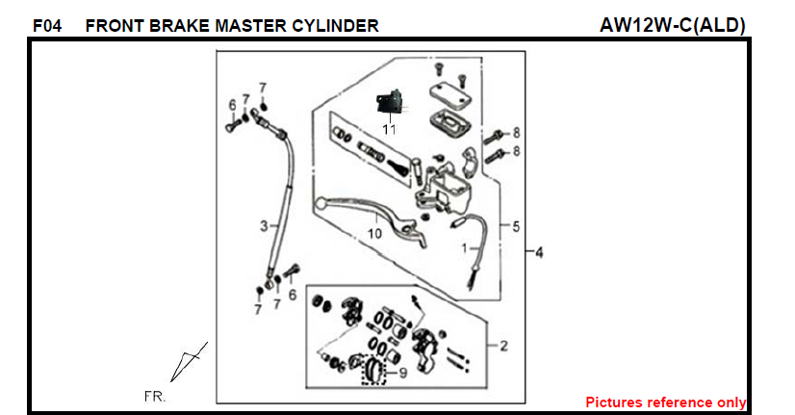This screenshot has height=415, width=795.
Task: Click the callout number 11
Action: (388, 128)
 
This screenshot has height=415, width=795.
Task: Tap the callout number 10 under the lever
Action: (374, 233)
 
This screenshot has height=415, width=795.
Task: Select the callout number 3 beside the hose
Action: (262, 226)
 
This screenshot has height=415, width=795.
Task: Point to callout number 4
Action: (539, 252)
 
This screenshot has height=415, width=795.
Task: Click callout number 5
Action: (516, 227)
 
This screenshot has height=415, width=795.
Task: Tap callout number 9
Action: (402, 373)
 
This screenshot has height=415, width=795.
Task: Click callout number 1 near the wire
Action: (464, 246)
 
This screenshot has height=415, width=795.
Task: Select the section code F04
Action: (47, 26)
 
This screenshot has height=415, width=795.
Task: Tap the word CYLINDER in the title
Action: (339, 26)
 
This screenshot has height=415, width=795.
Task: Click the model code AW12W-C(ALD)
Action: (673, 25)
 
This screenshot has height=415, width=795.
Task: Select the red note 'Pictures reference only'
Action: (665, 402)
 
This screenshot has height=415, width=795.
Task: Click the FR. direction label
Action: (155, 396)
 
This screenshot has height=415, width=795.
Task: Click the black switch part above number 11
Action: (388, 100)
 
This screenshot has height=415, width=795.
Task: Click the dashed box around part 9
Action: (372, 370)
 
